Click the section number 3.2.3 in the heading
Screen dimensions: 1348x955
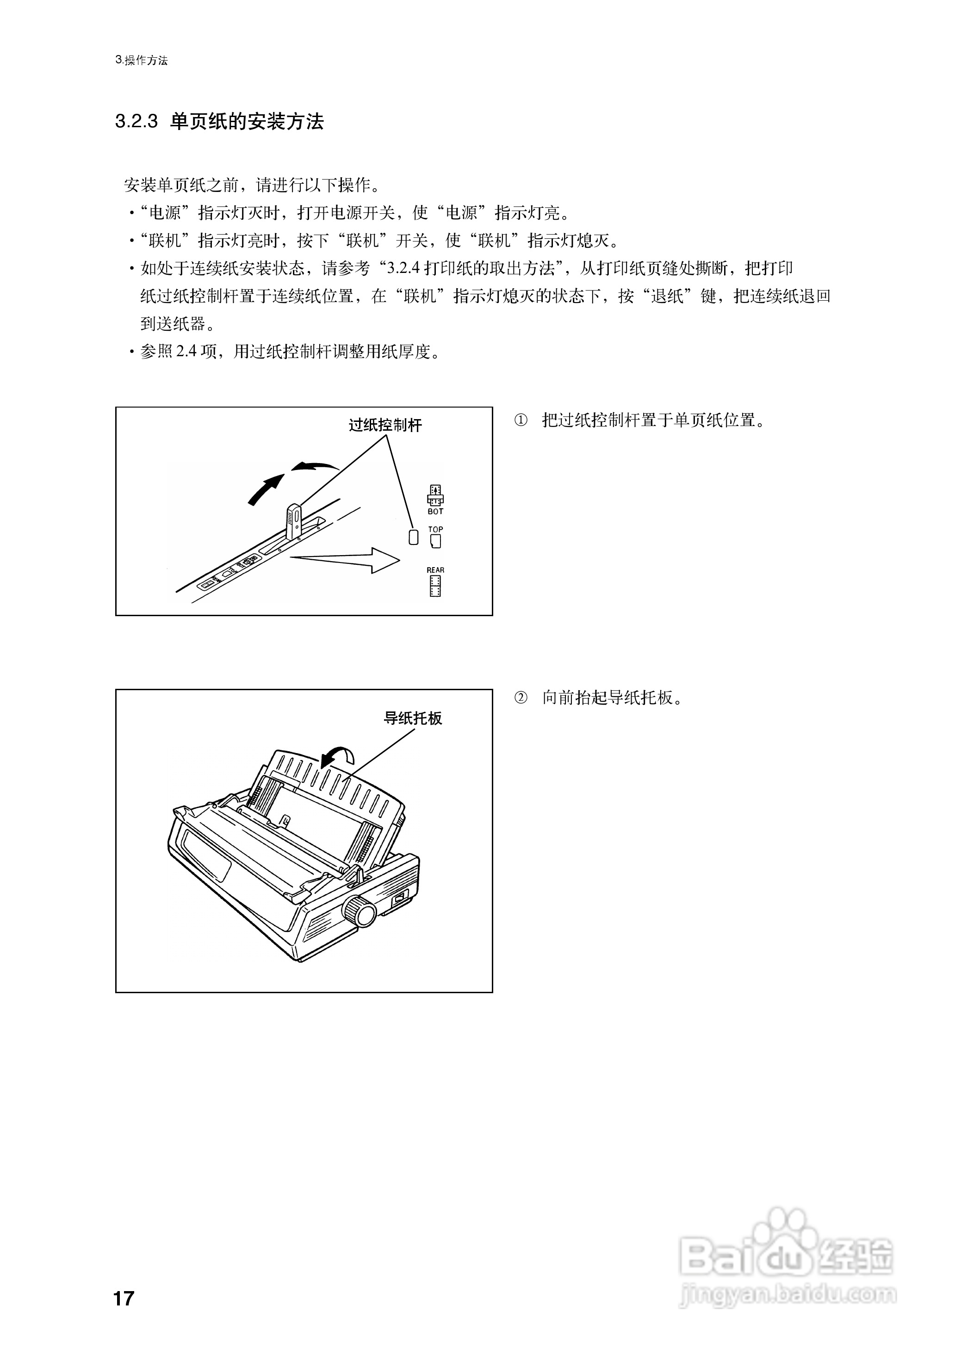136,122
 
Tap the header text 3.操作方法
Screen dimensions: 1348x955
142,61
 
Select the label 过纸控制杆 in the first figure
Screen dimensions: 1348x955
385,425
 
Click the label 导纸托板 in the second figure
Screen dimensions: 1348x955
412,718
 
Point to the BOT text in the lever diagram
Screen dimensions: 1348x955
435,512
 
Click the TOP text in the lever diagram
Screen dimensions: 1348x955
435,529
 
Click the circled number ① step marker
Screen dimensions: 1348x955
521,420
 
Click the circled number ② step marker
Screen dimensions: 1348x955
521,698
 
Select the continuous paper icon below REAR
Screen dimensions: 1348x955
435,586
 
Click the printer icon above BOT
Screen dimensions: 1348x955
435,495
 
